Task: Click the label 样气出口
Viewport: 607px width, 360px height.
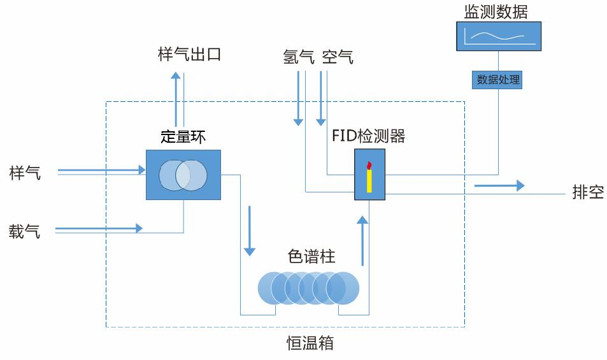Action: click(x=189, y=55)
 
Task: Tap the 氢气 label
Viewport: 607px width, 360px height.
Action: click(x=299, y=57)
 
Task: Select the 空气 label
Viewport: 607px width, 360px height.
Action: click(x=338, y=57)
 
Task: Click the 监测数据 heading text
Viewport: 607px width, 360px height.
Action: click(x=496, y=11)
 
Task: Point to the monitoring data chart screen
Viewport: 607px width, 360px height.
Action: click(x=499, y=36)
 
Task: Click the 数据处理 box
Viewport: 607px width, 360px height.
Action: click(x=498, y=80)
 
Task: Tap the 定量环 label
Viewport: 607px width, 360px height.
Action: click(x=183, y=136)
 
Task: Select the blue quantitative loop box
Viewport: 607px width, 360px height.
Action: click(x=183, y=175)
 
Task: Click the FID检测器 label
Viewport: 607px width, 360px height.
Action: click(x=368, y=136)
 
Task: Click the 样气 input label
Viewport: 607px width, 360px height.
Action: click(x=25, y=172)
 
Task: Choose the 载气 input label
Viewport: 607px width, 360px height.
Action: click(x=25, y=231)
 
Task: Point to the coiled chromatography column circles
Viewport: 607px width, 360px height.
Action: click(x=309, y=287)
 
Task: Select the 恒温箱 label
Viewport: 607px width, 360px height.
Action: click(x=310, y=343)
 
